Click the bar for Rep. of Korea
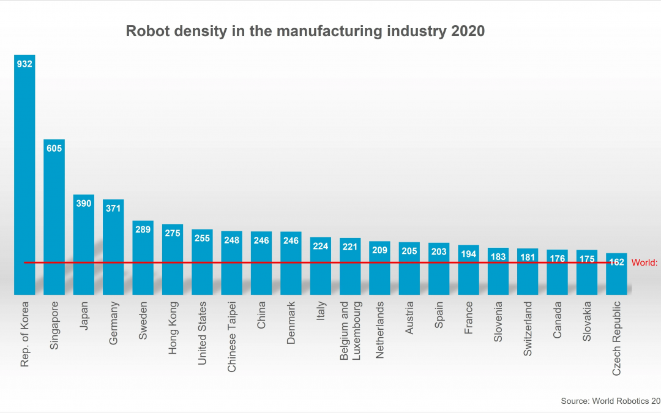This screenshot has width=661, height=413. pos(24,177)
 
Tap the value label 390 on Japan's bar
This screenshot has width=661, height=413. pos(84,203)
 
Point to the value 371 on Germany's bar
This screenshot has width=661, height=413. pos(113,209)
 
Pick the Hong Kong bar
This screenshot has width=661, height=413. pos(173,260)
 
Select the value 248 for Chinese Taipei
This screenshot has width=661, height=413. pos(231,240)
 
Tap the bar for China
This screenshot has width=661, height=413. pos(261,266)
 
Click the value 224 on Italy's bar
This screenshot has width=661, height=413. pos(320,246)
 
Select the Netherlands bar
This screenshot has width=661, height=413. pos(379,269)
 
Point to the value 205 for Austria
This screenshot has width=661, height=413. pos(409,251)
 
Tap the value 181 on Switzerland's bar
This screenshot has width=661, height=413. pos(527,257)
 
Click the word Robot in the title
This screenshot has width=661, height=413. pos(144,31)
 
